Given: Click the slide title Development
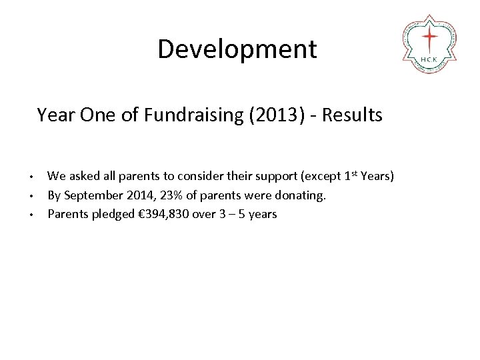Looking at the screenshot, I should (237, 49).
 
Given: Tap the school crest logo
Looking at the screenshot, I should (429, 43).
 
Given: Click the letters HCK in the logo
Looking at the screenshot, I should (429, 59).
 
